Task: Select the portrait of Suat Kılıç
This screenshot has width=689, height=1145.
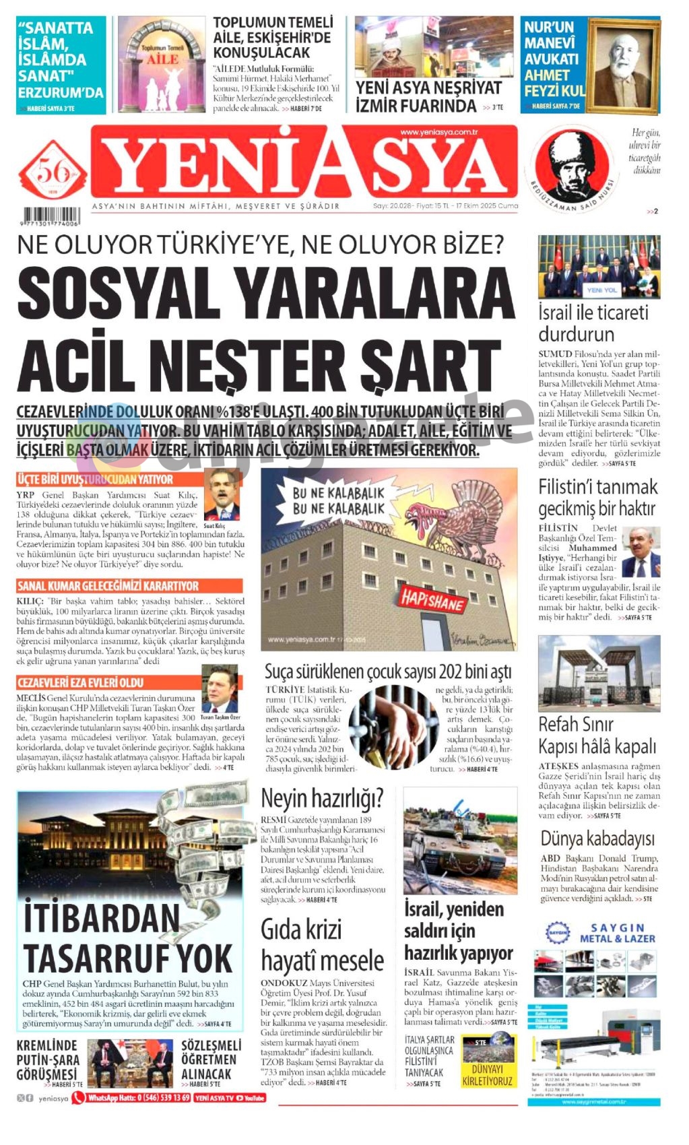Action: [222, 496]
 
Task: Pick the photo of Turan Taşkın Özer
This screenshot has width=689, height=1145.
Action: [220, 688]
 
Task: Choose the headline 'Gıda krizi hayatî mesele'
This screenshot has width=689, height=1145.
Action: [322, 945]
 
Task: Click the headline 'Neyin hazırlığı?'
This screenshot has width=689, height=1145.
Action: [322, 798]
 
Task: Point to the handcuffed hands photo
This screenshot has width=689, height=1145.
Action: [393, 727]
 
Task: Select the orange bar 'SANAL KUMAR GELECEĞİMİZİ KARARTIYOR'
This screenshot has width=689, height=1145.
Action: [129, 586]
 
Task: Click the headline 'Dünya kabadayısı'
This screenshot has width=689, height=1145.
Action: [597, 839]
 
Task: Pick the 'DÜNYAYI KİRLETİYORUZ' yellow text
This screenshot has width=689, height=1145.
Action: [487, 1074]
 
